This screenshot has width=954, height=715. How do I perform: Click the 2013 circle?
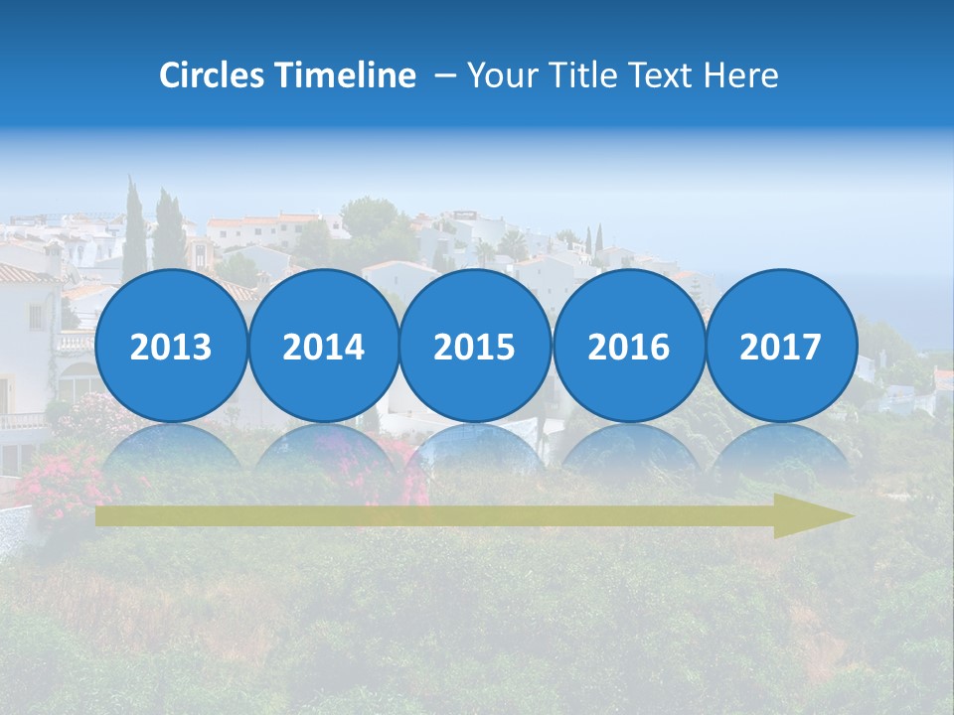point(171,346)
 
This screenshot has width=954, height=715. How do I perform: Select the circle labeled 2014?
point(323,346)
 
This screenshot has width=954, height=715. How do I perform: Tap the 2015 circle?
point(475,346)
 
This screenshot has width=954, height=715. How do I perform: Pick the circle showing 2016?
point(628,346)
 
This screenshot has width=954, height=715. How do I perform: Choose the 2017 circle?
point(781,346)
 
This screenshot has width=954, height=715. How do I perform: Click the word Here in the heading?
point(740,75)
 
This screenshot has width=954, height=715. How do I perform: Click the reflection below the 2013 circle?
point(171,447)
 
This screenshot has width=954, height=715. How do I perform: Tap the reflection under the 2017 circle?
point(781,447)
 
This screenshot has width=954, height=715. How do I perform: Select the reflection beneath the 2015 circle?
point(475,447)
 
